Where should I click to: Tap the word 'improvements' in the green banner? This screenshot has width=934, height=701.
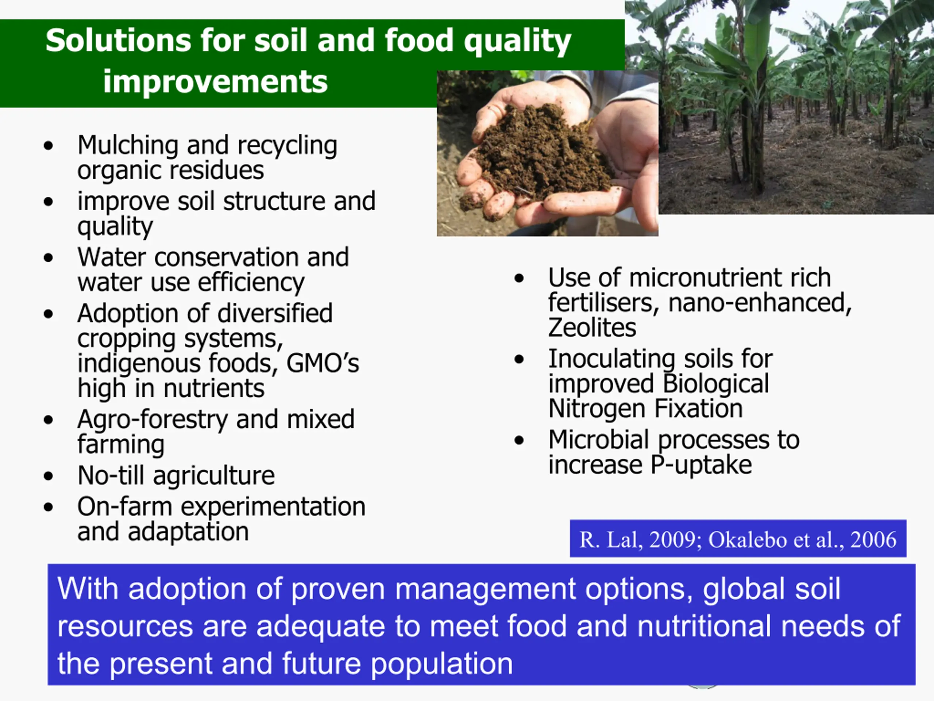pos(215,81)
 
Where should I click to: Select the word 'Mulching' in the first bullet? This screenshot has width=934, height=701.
pos(128,146)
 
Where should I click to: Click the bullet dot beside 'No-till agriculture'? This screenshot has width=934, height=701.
pos(49,476)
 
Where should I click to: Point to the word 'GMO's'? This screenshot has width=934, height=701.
pos(323,363)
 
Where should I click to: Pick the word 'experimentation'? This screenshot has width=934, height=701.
pos(273,507)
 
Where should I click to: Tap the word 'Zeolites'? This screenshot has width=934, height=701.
pos(592,327)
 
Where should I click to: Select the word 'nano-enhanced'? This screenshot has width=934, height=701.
pos(760,303)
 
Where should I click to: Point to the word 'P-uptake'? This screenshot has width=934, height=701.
pos(701,465)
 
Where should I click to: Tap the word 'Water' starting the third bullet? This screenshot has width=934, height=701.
pos(112,257)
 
